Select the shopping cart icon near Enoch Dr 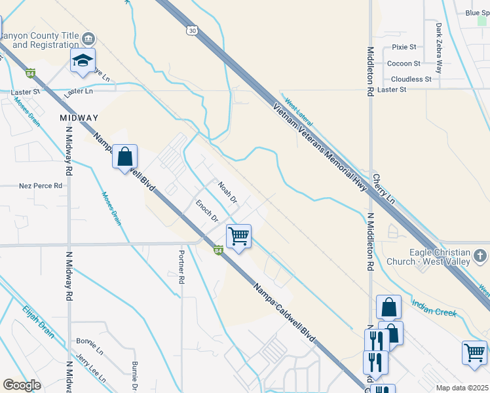[238, 236]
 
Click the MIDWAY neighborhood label [79, 118]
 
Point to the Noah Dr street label [227, 192]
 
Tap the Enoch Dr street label [206, 211]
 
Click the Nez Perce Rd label [41, 186]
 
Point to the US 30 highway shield [191, 30]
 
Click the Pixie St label [404, 47]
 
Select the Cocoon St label [404, 64]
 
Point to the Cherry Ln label [385, 188]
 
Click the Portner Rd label [181, 265]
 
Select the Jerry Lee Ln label [90, 360]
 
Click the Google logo [22, 385]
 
